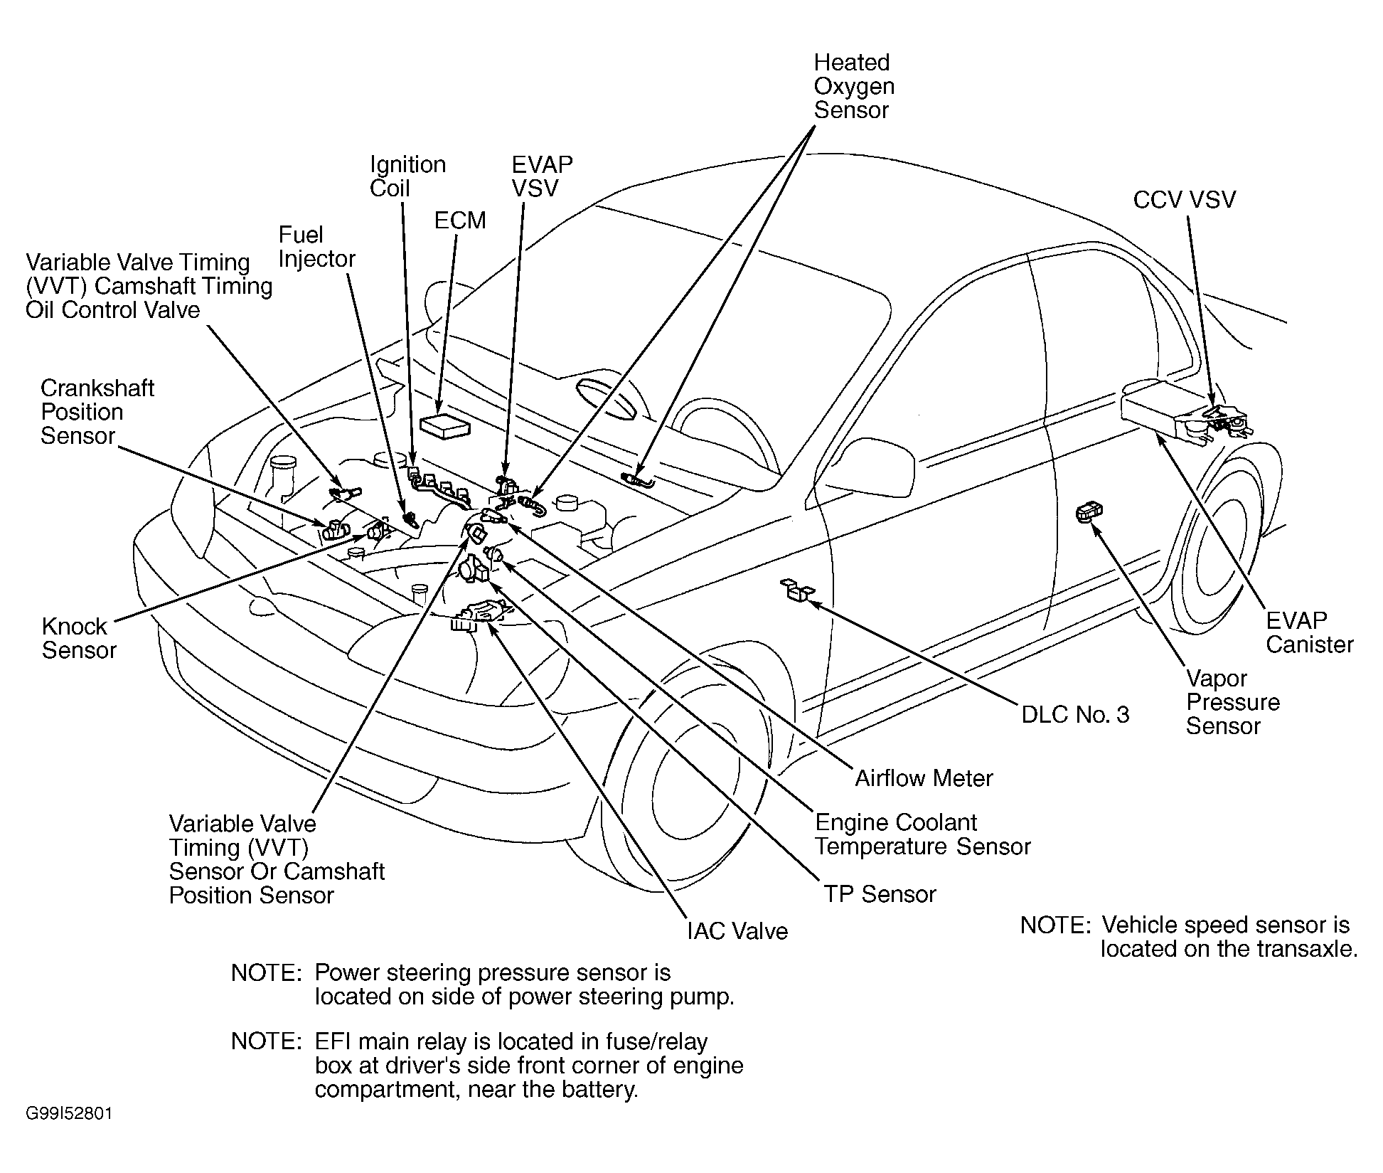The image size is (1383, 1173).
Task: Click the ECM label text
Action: tap(460, 221)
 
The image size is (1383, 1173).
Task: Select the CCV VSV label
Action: tap(1184, 200)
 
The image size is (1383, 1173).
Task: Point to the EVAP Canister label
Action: tap(1309, 632)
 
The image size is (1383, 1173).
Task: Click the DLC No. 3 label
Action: tap(1074, 714)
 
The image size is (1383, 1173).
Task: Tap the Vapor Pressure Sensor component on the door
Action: tap(1089, 511)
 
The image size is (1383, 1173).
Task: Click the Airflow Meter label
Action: tap(923, 778)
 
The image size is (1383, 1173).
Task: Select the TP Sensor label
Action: tap(880, 894)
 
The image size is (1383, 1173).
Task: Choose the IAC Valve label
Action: tap(737, 931)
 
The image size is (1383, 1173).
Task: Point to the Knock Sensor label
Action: tap(78, 638)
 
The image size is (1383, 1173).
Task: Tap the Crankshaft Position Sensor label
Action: tap(97, 412)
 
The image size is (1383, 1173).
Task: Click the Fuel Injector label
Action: tap(316, 247)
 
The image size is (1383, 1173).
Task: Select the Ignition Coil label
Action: tap(407, 176)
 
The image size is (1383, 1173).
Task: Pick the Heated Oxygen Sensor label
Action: tap(853, 86)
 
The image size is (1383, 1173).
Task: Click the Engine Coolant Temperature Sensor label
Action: tap(922, 834)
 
